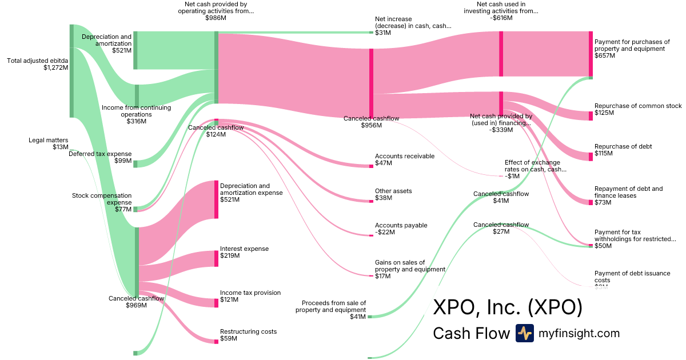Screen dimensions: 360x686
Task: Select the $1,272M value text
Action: (55, 67)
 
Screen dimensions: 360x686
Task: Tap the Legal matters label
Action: (48, 139)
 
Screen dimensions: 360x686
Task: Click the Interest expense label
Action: (244, 249)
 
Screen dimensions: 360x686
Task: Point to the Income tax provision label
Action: (250, 293)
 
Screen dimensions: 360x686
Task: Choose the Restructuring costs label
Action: (248, 331)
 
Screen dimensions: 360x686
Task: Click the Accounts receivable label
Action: (404, 156)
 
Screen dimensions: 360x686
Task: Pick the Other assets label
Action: (393, 191)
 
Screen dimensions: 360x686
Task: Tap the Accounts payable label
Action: (401, 225)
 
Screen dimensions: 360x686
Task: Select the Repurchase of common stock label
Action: (638, 106)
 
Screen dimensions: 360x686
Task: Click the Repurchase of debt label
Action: (623, 146)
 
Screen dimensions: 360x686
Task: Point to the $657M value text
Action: (605, 56)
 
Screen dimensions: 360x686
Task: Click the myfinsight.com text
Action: (579, 333)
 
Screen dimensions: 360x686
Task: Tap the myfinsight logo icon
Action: (524, 333)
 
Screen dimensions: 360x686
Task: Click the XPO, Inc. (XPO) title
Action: (508, 307)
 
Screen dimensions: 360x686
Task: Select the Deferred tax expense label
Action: (100, 154)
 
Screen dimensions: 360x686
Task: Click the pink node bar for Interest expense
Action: (217, 259)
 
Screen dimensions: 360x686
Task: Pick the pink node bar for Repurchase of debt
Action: (591, 157)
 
